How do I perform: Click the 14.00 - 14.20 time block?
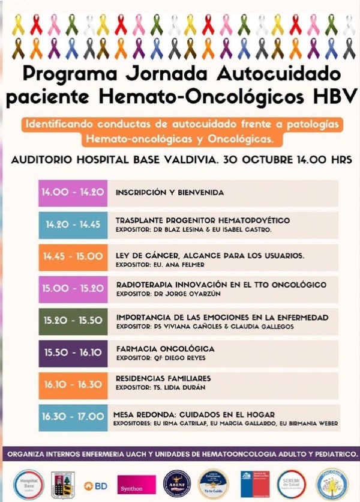point(73,193)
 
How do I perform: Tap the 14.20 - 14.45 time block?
point(73,225)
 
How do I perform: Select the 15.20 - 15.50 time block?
point(73,321)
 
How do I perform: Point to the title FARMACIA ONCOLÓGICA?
point(165,349)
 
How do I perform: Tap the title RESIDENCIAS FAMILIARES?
point(163,379)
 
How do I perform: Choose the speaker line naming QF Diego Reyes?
point(160,358)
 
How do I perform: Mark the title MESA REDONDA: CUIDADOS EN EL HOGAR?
point(194,414)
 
